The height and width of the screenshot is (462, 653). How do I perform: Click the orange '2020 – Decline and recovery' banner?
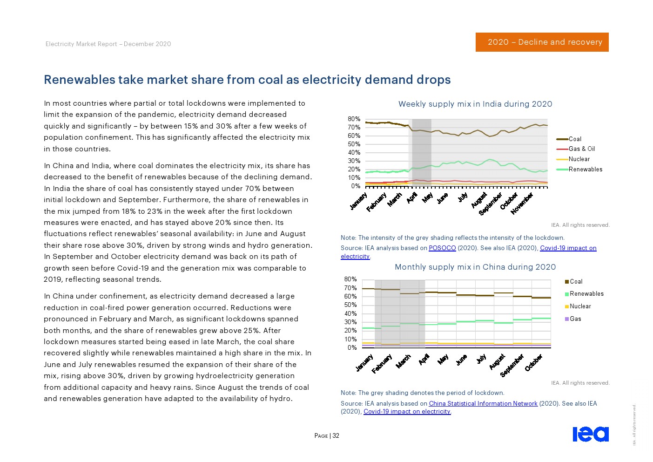click(542, 42)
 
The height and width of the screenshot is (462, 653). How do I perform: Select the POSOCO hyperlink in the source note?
click(442, 248)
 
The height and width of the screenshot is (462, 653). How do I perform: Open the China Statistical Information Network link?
click(483, 404)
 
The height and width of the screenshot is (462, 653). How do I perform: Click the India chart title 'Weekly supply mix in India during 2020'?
click(475, 104)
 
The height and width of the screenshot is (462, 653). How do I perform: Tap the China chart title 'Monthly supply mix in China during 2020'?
click(475, 267)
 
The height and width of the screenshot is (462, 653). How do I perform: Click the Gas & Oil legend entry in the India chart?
click(581, 149)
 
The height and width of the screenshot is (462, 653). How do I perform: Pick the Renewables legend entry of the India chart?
click(585, 170)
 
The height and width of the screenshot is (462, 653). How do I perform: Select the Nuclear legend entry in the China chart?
click(580, 306)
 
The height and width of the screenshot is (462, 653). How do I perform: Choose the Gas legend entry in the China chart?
click(575, 319)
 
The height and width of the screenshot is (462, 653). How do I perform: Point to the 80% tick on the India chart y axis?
click(354, 119)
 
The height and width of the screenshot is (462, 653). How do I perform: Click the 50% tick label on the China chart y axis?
click(350, 305)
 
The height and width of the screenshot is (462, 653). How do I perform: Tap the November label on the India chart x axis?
click(522, 204)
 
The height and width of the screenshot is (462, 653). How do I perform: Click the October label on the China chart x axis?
click(534, 363)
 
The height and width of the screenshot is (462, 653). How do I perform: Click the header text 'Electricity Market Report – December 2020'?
click(108, 44)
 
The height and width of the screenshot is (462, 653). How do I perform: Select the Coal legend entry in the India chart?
click(575, 139)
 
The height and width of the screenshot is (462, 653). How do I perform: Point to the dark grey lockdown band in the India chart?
click(421, 152)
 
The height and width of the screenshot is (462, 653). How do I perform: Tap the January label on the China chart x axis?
click(364, 363)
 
